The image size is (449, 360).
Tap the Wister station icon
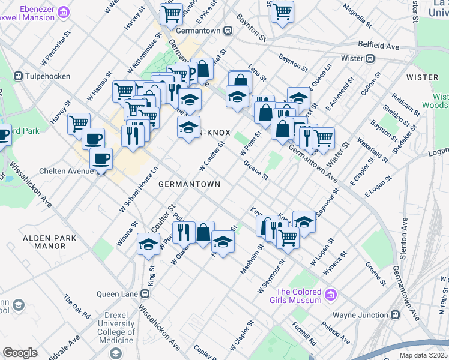pyautogui.click(x=370, y=58)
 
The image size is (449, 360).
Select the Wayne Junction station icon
pyautogui.click(x=396, y=314)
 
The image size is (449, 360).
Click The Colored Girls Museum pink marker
pyautogui.click(x=330, y=295)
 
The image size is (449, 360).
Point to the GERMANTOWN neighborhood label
pyautogui.click(x=189, y=184)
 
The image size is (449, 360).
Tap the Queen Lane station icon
pyautogui.click(x=144, y=294)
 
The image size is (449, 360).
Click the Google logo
pyautogui.click(x=20, y=353)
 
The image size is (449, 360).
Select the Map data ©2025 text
pyautogui.click(x=422, y=355)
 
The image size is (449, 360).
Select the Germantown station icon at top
pyautogui.click(x=228, y=30)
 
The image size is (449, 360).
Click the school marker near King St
pyautogui.click(x=148, y=244)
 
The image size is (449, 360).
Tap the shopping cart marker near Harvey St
pyautogui.click(x=79, y=123)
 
